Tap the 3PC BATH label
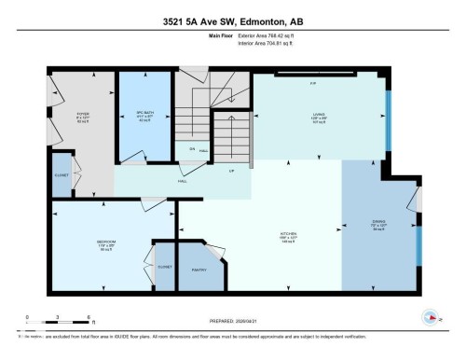(x=144, y=117)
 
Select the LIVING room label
(x=318, y=117)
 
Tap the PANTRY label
(x=199, y=269)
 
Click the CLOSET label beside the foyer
(x=61, y=178)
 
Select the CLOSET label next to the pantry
(x=165, y=267)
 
